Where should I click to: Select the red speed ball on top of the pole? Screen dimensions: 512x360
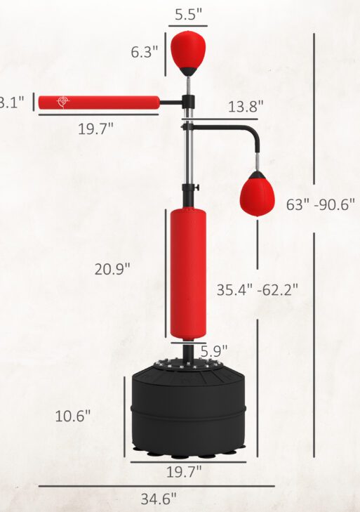188,49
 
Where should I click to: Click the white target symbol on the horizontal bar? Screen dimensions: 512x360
64,102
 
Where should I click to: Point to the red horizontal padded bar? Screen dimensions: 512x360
98,103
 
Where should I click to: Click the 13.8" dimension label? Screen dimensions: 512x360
246,107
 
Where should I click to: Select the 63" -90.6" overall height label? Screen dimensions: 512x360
321,205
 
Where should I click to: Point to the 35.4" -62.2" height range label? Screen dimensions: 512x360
257,289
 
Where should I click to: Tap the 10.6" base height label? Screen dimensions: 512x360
73,415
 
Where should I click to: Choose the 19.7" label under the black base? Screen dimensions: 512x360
184,470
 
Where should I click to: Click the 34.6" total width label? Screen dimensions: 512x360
158,499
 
